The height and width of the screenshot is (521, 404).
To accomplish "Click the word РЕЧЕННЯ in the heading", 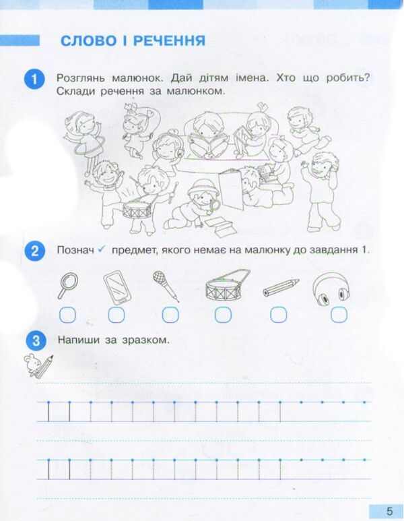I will (x=165, y=41).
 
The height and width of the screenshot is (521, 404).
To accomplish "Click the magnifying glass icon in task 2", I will (x=67, y=285).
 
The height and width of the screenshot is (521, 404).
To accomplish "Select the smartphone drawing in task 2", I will (x=117, y=286).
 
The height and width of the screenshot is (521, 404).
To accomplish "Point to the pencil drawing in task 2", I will (x=280, y=286).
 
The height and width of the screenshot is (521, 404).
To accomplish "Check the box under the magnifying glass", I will (x=67, y=314).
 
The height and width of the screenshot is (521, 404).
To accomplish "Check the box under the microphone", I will (x=170, y=314).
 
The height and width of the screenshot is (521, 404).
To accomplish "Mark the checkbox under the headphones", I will (x=337, y=314).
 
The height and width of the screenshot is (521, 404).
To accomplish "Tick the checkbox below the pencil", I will (x=279, y=314).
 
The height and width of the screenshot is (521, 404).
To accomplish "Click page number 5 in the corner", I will (x=389, y=510).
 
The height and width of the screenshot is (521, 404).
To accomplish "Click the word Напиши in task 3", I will (x=79, y=340).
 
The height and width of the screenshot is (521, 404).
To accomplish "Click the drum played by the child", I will (x=138, y=210).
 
